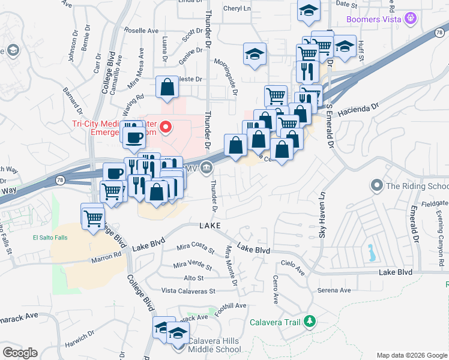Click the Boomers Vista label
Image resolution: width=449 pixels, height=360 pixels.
tap(373, 19)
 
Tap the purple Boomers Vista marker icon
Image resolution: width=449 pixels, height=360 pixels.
tap(411, 19)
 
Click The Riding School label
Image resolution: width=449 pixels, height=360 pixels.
tap(417, 185)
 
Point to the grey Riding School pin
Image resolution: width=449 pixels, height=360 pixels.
tap(376, 185)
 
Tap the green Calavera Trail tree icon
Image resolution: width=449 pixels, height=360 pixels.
tap(310, 322)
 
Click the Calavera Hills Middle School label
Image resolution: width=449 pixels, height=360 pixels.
tap(214, 345)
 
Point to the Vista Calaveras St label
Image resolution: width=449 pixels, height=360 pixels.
tap(188, 291)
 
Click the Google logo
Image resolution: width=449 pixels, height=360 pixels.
tap(20, 353)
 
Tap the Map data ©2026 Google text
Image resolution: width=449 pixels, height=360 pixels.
tap(412, 355)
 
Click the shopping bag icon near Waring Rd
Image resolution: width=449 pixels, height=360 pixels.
tap(167, 88)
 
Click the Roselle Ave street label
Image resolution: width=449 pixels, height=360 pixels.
tap(141, 30)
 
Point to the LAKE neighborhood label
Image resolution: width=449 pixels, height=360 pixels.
tap(210, 225)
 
